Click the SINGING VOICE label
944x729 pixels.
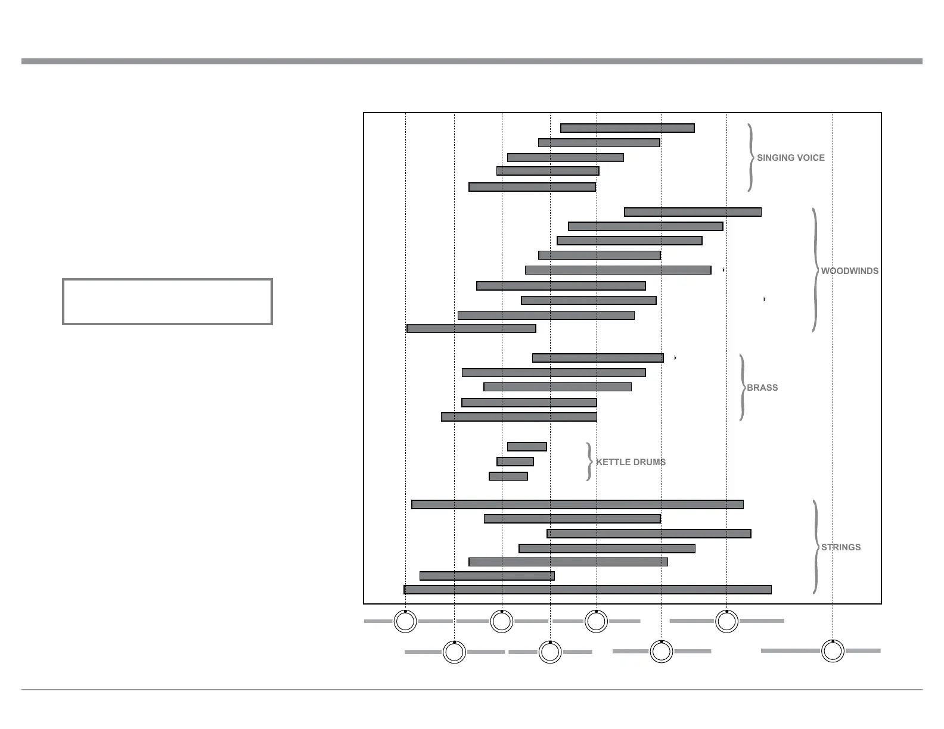tap(790, 158)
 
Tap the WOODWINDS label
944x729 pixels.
tap(849, 271)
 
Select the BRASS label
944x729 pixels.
tap(762, 388)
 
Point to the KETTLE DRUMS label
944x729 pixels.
tap(631, 462)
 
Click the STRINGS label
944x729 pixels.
tap(840, 547)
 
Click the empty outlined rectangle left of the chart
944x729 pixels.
tap(167, 301)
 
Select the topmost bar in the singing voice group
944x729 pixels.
tap(627, 128)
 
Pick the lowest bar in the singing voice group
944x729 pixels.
tap(532, 187)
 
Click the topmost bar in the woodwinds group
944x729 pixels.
tap(693, 212)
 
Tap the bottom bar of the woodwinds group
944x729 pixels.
tap(471, 329)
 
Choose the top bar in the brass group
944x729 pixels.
tap(598, 358)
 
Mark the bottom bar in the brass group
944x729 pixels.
tap(518, 417)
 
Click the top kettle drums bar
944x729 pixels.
tap(527, 447)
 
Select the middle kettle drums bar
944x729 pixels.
tap(515, 462)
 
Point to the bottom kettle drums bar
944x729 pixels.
tap(508, 476)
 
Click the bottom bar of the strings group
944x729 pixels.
tap(588, 590)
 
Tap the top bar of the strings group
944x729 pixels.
tap(577, 504)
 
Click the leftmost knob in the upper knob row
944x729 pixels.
tap(405, 622)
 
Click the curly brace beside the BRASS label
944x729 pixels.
tap(742, 388)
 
